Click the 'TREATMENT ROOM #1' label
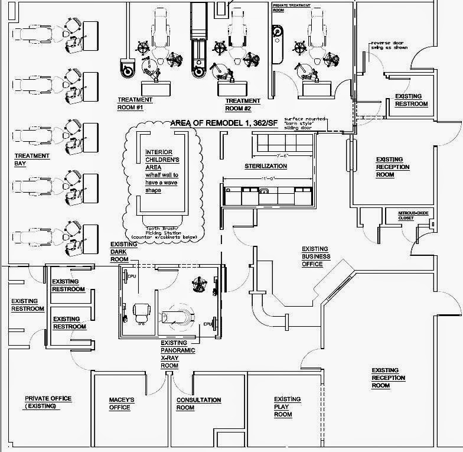click(x=135, y=104)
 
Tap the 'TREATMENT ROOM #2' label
click(x=242, y=105)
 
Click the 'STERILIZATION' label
click(x=266, y=167)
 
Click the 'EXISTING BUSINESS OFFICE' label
click(x=315, y=256)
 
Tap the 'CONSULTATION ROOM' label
click(x=198, y=404)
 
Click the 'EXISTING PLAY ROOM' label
click(x=288, y=407)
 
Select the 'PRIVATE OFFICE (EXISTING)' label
click(x=48, y=402)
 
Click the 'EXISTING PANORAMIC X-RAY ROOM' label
click(x=174, y=354)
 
